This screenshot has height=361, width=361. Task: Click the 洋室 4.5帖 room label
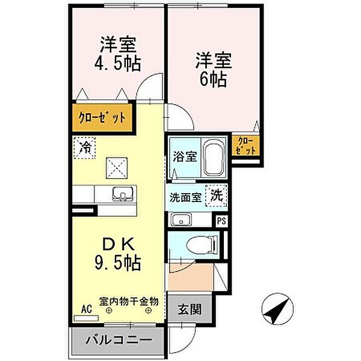(117, 54)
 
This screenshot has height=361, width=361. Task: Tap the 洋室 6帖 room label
(210, 70)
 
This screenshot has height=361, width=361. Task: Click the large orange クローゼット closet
(101, 117)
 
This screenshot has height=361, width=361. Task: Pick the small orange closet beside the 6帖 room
(246, 145)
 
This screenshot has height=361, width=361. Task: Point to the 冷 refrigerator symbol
(85, 147)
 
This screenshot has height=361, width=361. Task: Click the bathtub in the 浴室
(213, 159)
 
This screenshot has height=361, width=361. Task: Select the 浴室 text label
(185, 158)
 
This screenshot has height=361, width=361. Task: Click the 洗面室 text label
(184, 197)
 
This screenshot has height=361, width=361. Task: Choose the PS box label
(221, 220)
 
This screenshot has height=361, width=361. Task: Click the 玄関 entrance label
(188, 312)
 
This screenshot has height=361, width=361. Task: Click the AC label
(85, 310)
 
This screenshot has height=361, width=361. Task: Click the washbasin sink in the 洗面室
(180, 220)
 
